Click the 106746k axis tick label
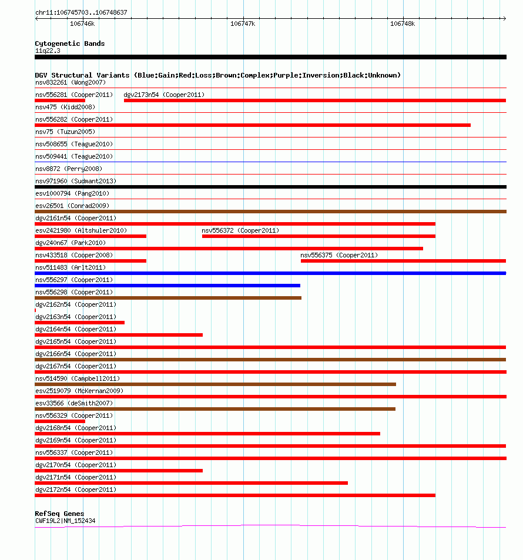pos(82,24)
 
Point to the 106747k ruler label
pos(243,24)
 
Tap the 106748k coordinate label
pos(403,24)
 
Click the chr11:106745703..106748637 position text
pos(81,12)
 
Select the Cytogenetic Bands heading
pos(70,43)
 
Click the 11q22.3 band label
pos(48,51)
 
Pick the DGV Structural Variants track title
pos(217,75)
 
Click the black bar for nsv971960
pos(270,187)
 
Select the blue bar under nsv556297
pos(167,286)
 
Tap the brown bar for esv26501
pos(270,212)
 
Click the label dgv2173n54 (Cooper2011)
pos(164,95)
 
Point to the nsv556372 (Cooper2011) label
pos(240,230)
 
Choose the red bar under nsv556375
pos(403,261)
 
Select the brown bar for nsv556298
pos(168,298)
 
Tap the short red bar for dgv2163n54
pos(79,323)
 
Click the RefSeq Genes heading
pos(59,514)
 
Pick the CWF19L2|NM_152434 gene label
pos(65,521)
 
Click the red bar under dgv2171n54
pos(191,483)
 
